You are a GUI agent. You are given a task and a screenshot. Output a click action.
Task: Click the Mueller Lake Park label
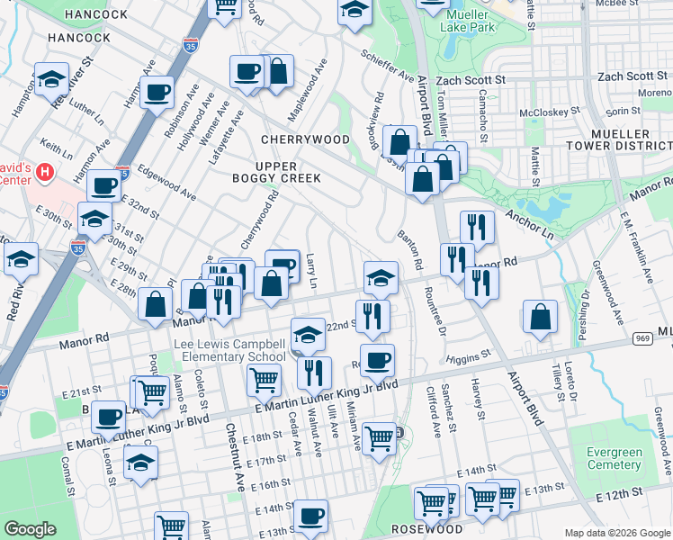click(x=468, y=21)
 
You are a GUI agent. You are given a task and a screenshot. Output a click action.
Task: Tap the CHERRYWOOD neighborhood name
click(x=305, y=139)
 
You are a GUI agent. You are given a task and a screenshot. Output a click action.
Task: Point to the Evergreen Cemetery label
click(x=615, y=459)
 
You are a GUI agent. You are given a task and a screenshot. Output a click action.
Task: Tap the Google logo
click(x=30, y=528)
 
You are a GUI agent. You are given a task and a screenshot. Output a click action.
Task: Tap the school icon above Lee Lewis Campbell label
click(x=308, y=333)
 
